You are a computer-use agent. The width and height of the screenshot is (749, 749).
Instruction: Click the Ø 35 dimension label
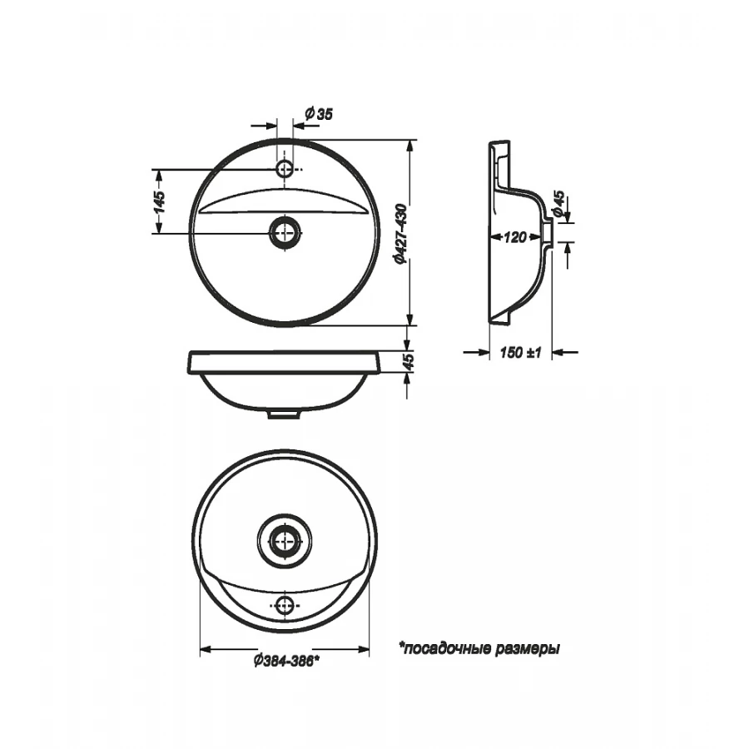click(319, 114)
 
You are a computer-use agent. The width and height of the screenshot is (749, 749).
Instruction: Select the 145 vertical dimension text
click(159, 202)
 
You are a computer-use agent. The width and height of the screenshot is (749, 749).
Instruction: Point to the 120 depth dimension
click(514, 237)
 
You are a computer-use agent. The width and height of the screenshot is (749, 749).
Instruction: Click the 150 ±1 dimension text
click(521, 353)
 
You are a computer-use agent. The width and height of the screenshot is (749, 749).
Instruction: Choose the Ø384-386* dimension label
click(286, 661)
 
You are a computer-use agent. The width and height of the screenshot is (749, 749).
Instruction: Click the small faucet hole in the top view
click(285, 169)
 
